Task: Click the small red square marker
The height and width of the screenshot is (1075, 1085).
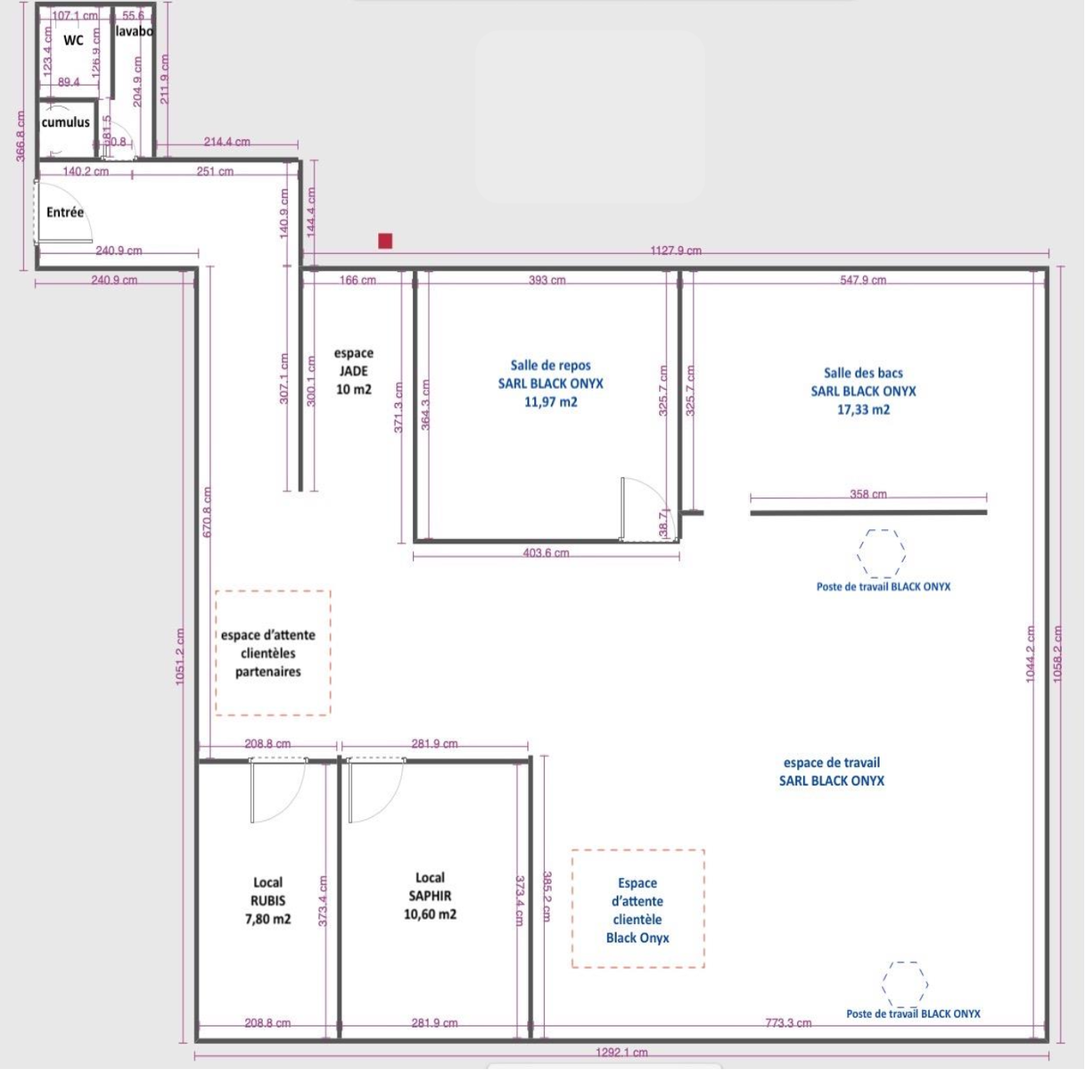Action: (x=385, y=241)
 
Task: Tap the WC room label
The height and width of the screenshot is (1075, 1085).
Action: (x=73, y=40)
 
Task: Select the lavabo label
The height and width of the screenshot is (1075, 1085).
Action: (x=134, y=31)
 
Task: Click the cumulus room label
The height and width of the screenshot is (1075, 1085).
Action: (x=65, y=122)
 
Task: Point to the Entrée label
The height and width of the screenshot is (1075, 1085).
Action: (x=65, y=212)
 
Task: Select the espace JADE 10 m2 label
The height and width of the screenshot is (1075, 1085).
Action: (x=353, y=371)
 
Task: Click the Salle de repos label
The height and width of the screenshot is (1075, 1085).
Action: (x=550, y=384)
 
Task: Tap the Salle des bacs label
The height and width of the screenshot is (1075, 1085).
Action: (x=863, y=392)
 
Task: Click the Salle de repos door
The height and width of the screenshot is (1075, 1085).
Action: (x=642, y=509)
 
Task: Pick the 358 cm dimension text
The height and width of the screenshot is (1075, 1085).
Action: (x=867, y=494)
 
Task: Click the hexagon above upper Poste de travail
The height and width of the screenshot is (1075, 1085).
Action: (x=882, y=553)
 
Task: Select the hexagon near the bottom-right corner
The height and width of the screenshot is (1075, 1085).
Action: (x=905, y=985)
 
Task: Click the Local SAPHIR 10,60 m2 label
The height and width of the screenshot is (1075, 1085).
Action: (x=430, y=897)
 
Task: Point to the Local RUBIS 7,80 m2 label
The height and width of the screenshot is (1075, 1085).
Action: (x=267, y=901)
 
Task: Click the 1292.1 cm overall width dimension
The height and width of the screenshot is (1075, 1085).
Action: (x=621, y=1053)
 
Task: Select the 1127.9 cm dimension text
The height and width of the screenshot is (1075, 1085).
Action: (x=675, y=251)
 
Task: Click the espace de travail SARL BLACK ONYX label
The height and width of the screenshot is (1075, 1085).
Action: (x=831, y=772)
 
